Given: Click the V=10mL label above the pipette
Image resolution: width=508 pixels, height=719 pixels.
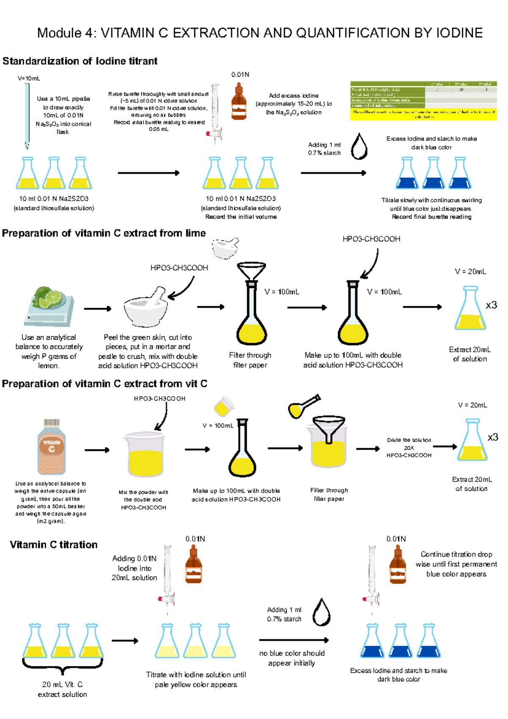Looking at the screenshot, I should pos(29,78).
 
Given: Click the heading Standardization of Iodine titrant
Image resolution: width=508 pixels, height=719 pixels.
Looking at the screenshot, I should pos(80,61).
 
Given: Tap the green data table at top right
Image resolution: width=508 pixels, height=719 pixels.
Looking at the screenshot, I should pos(423,100).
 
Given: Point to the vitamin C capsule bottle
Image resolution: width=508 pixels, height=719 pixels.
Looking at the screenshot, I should pos(51,447).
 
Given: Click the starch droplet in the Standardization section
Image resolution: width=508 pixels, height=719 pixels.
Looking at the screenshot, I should pos(359,147).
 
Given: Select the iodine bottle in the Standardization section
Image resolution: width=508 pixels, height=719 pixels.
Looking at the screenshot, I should pos(239,102).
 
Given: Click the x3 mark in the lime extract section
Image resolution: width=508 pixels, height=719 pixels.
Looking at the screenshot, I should pos(491,305).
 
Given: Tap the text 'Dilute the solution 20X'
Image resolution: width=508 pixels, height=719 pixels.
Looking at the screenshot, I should pos(409,444).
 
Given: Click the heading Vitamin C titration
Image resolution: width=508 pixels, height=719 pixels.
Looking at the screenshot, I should pos(54,545).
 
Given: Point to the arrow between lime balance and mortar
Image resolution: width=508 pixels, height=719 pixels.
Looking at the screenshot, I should pos(97,309).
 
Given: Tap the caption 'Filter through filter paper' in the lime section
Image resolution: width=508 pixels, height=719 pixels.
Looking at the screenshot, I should pos(250,360).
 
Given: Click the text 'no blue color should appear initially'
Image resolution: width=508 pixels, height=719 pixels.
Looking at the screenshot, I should pos(292,658).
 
